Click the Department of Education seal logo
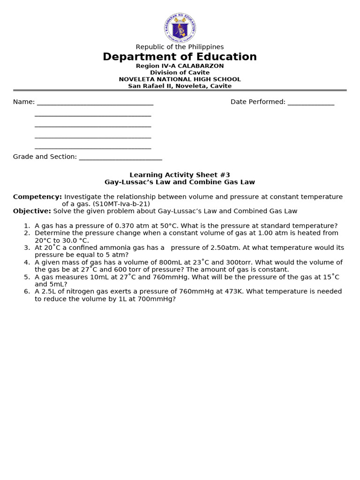tap(180, 27)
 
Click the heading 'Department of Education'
tap(180, 57)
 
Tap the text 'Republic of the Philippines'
tap(180, 47)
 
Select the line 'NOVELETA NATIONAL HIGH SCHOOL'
tap(180, 79)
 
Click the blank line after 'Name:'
tap(95, 103)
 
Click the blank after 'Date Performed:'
tap(310, 103)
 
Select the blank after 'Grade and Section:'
tap(120, 157)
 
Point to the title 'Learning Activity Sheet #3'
tap(180, 175)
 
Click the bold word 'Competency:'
tap(37, 196)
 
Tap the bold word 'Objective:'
tap(32, 211)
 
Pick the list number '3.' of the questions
tap(27, 247)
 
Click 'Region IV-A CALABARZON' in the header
tap(180, 66)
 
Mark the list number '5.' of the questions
tap(27, 277)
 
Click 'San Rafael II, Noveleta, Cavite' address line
tap(180, 86)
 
